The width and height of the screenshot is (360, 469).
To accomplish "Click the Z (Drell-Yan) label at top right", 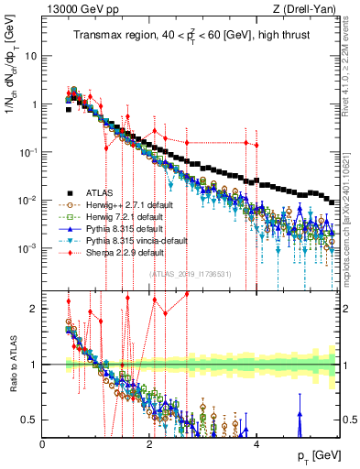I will point(308,8).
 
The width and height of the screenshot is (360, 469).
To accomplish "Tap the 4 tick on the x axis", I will point(256,443).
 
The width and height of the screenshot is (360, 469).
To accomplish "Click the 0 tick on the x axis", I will point(43,443).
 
